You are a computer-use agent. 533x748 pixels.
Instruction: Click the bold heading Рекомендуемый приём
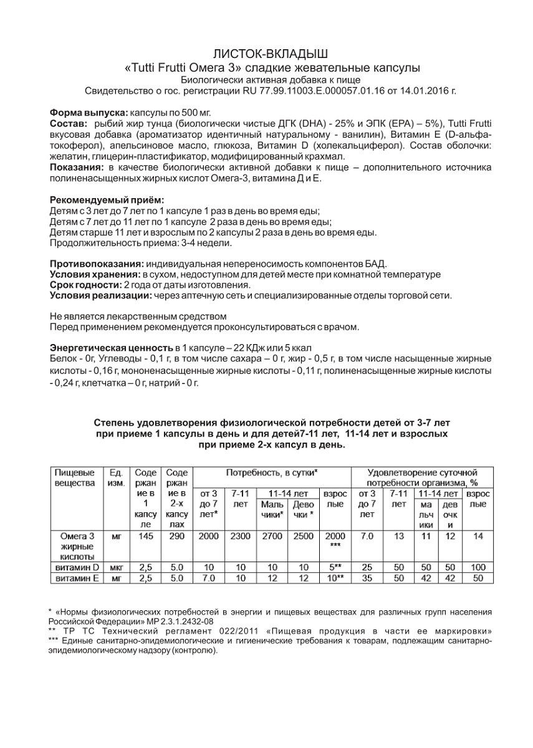[x=107, y=200]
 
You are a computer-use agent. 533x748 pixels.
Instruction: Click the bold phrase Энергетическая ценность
[x=110, y=347]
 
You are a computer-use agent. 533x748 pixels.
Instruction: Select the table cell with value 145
[x=145, y=536]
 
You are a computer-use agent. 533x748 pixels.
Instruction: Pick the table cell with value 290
[x=177, y=536]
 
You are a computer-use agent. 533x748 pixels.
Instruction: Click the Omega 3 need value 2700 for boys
[x=272, y=536]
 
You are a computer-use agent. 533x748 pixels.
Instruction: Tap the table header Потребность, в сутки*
[x=272, y=472]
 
